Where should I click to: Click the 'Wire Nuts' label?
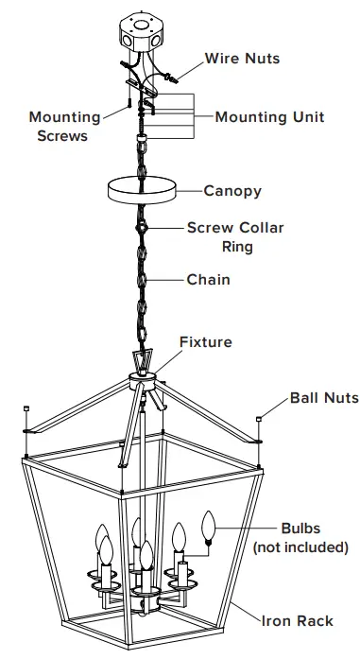(x=242, y=59)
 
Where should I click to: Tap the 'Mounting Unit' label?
(x=269, y=117)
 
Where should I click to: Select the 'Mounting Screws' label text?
(x=64, y=127)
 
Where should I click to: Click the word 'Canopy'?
(x=232, y=191)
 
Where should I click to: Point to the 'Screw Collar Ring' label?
(x=234, y=237)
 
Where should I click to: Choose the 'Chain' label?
(x=208, y=280)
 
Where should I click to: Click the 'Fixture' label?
(x=205, y=342)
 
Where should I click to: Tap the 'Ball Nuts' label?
(x=324, y=398)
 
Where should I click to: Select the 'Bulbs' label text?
(x=300, y=529)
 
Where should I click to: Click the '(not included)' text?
(x=300, y=547)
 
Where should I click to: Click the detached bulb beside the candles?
(x=209, y=526)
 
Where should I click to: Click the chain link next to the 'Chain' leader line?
(x=142, y=280)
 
